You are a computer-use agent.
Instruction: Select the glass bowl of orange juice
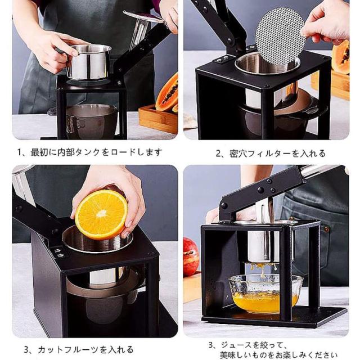pyautogui.click(x=265, y=294)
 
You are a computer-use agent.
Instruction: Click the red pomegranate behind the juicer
pyautogui.click(x=191, y=256)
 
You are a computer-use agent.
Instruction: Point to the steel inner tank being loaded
pyautogui.click(x=89, y=62)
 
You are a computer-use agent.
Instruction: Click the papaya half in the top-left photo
pyautogui.click(x=168, y=93)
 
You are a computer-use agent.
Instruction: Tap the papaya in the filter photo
pyautogui.click(x=341, y=57)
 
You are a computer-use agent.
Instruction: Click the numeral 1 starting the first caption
pyautogui.click(x=20, y=152)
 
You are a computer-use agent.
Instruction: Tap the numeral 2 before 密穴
pyautogui.click(x=218, y=154)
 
